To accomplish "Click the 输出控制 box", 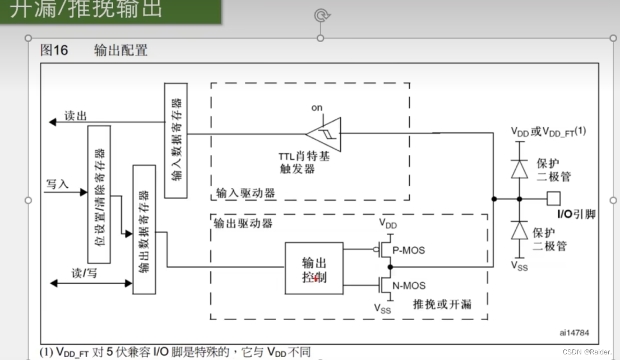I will (x=313, y=268).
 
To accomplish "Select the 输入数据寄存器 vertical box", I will (x=175, y=140).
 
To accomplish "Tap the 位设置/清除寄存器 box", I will (x=99, y=194).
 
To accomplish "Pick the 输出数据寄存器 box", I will (x=144, y=229).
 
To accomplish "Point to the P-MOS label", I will (x=409, y=250).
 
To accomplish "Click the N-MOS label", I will (x=409, y=285).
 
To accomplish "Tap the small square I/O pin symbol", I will (x=553, y=198).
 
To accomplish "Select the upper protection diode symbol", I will (x=520, y=169).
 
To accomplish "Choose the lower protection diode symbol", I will (x=520, y=230).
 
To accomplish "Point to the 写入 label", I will (x=57, y=184).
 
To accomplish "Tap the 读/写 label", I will (x=85, y=273).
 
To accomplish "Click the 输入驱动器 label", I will (x=246, y=193).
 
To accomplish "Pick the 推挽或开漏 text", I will (x=442, y=304).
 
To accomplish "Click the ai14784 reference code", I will (x=574, y=332).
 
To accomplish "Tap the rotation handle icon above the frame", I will (x=321, y=15).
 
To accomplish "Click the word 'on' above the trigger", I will (x=317, y=107).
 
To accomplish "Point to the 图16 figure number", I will (x=54, y=50).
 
